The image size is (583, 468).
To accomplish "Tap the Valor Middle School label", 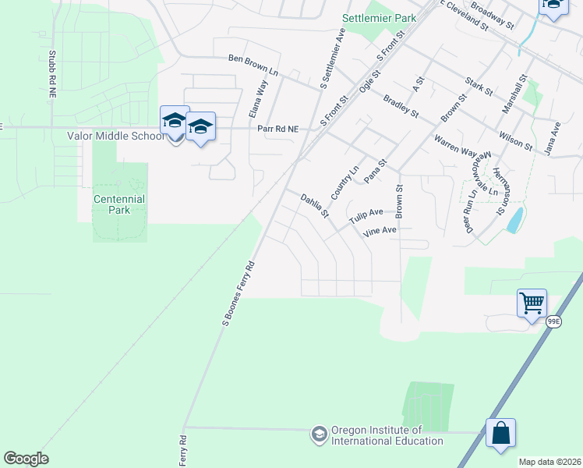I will click(x=115, y=136).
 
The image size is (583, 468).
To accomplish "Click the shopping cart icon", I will click(x=532, y=303).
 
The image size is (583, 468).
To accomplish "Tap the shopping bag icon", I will click(x=500, y=433).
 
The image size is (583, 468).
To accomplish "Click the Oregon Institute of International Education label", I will click(x=376, y=435).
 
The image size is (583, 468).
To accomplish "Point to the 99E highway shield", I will click(x=553, y=321).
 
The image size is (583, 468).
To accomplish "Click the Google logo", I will click(x=26, y=459).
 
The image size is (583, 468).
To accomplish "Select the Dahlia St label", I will click(x=316, y=206).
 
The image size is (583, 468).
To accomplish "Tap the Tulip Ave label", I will click(x=366, y=216).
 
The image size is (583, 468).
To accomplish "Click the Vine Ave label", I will click(x=379, y=231).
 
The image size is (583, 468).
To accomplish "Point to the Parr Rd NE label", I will click(x=278, y=129).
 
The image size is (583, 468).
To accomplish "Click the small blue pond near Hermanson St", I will click(x=514, y=220).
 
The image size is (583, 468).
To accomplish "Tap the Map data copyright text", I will click(x=549, y=461).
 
